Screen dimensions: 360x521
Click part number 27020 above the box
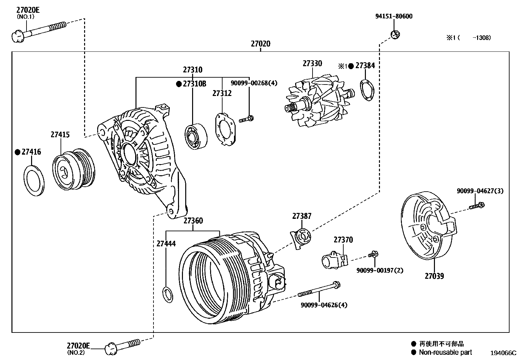coord(260,44)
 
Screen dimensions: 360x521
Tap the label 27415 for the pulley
coord(60,135)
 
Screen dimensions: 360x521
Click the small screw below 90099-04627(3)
coord(476,206)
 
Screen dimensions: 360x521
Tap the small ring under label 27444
coord(168,294)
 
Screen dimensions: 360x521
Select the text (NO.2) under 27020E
coord(76,353)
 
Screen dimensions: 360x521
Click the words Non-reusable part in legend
coord(445,352)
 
